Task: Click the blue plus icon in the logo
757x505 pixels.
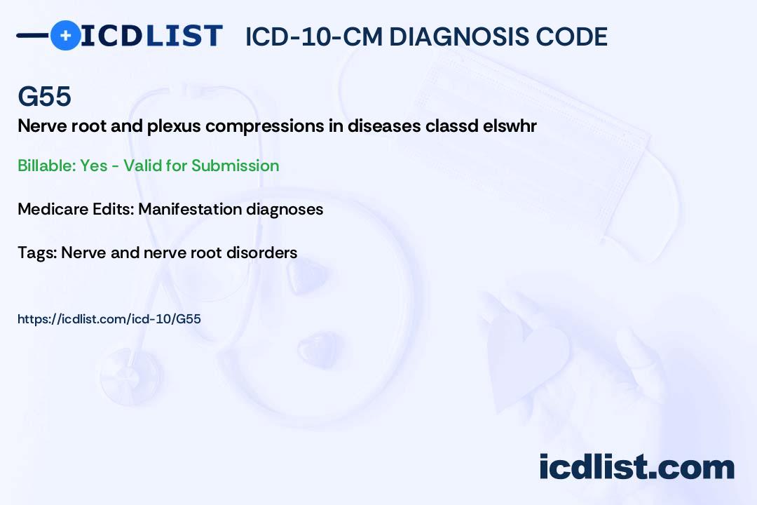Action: tap(65, 35)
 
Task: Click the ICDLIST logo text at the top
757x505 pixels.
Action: tap(151, 36)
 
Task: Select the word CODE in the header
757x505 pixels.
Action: tap(572, 36)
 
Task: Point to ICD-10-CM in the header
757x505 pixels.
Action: tap(314, 36)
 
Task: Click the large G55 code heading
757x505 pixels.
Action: tap(44, 96)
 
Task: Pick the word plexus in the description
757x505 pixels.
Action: tap(173, 126)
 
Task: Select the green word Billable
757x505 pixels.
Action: tap(47, 166)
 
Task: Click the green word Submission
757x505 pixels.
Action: tap(235, 166)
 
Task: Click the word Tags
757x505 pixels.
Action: tap(37, 252)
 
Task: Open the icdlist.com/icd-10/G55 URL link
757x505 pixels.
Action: tap(109, 319)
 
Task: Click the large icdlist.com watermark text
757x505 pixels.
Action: tap(636, 467)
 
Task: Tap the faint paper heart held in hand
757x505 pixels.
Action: tap(526, 358)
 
